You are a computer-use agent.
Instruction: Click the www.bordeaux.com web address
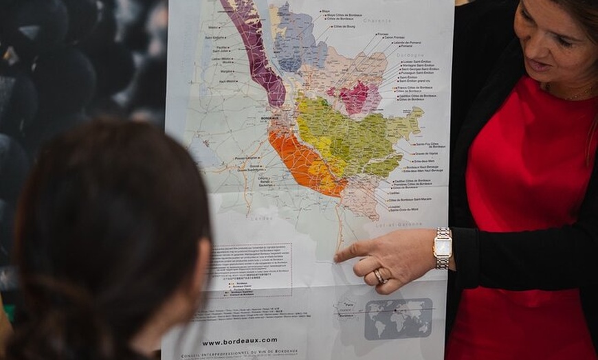240,341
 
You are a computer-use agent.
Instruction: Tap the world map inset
398,318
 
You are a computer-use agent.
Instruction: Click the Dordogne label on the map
410,55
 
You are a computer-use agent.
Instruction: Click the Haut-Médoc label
228,81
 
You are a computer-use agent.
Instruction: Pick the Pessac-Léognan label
246,157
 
